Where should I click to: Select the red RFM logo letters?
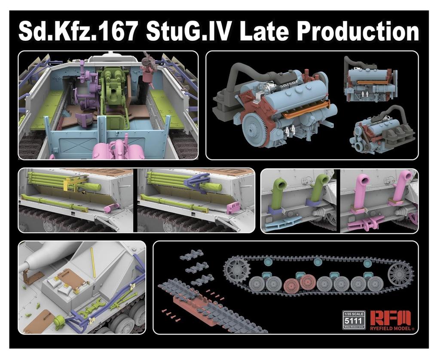coord(390,318)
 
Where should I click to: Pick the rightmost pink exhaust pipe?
coord(401,185)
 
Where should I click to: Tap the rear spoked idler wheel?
coord(400,274)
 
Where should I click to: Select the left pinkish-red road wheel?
coord(291,285)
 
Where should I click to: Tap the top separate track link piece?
coord(191,256)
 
